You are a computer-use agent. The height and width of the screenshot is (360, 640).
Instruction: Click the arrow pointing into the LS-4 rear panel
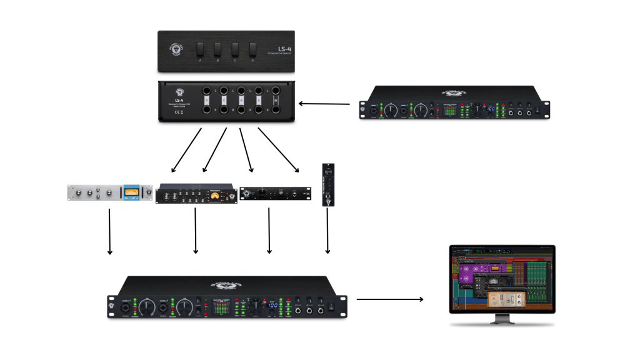tap(324, 104)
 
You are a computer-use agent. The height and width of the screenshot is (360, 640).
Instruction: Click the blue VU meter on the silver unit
tap(131, 192)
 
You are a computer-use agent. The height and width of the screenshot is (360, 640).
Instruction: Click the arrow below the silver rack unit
tap(110, 231)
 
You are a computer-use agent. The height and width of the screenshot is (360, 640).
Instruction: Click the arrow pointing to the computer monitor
tap(390, 299)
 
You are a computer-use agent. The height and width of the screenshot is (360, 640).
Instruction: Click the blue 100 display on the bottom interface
tap(272, 305)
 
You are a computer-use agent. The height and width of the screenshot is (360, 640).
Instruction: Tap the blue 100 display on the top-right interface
tap(491, 109)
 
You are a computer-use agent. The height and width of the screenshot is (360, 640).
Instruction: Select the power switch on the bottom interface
tap(331, 306)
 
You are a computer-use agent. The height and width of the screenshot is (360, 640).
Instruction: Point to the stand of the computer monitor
tap(502, 319)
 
